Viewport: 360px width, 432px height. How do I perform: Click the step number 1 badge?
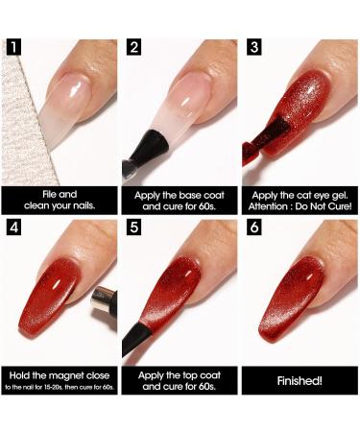[x=13, y=47]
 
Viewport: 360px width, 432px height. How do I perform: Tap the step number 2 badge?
[x=133, y=47]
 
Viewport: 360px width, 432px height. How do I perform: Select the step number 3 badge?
[x=254, y=47]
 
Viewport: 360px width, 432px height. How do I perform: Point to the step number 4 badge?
[x=13, y=228]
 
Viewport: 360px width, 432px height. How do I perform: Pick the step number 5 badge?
[x=133, y=228]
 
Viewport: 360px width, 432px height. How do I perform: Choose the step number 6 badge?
[x=254, y=228]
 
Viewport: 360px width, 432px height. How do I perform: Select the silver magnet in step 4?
[x=104, y=304]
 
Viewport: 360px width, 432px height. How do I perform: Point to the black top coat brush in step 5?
[x=136, y=339]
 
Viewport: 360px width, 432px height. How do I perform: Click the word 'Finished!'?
[x=300, y=381]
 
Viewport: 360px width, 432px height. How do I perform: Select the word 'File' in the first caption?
[x=50, y=194]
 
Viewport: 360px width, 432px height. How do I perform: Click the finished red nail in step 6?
[x=291, y=298]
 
